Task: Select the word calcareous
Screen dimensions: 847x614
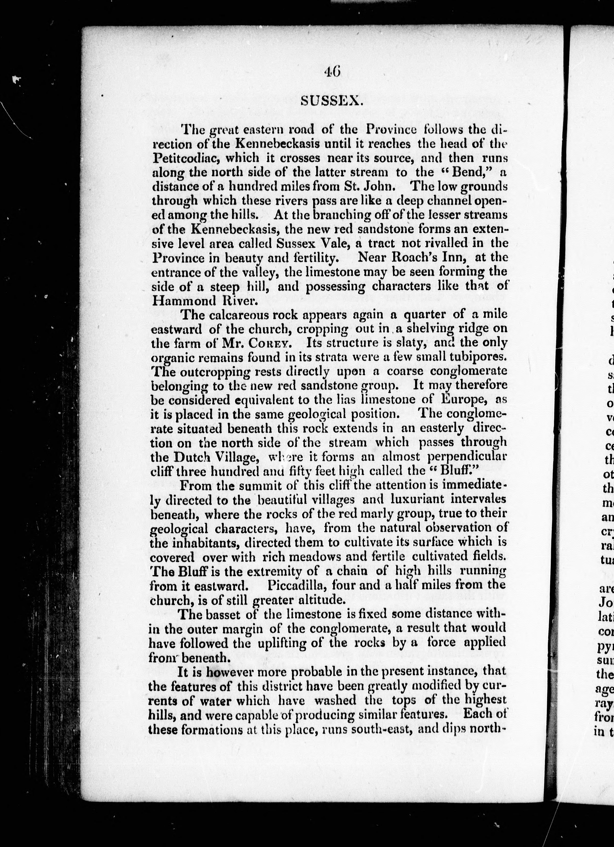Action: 240,315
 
